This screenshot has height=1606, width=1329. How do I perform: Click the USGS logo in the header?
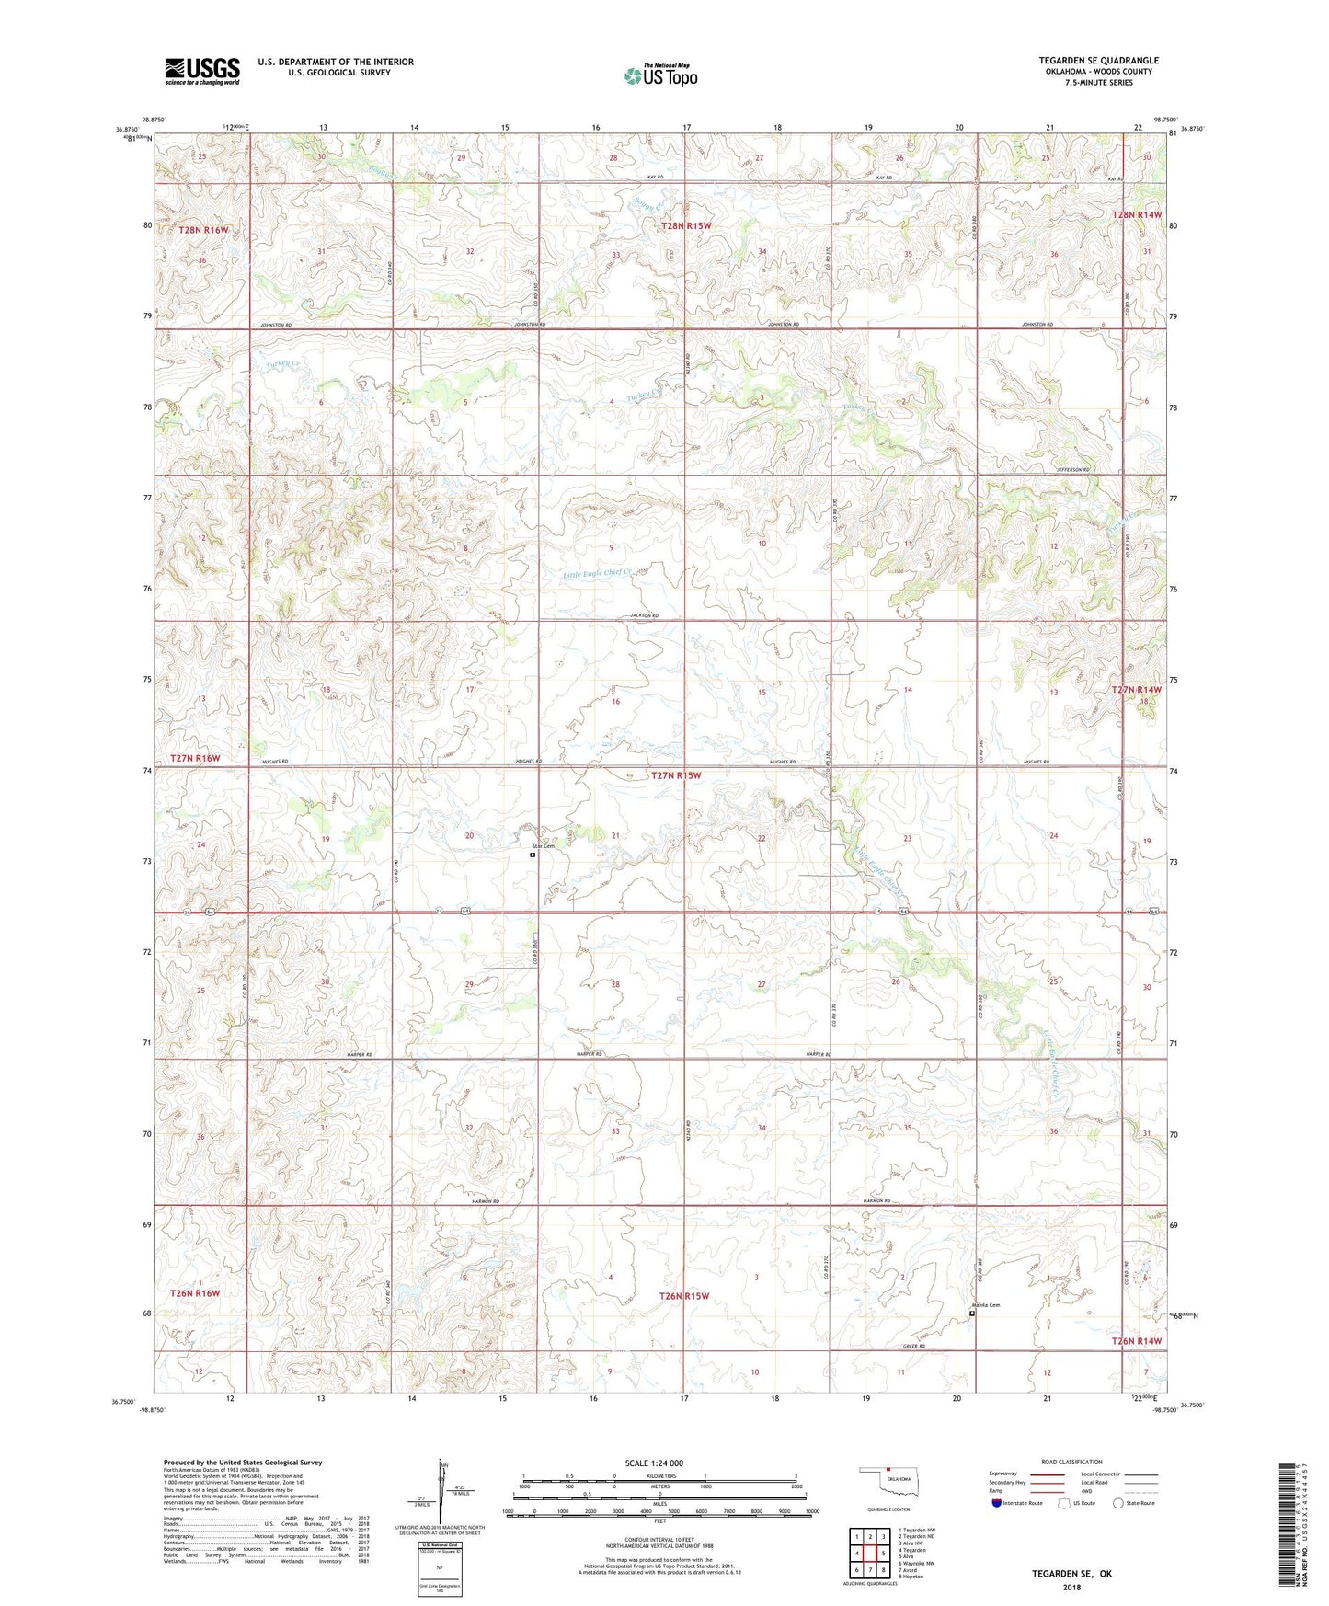click(202, 71)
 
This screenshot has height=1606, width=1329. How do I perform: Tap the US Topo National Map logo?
click(660, 75)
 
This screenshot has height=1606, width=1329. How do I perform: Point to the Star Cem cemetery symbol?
click(533, 855)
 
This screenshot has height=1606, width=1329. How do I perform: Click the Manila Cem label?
click(985, 1304)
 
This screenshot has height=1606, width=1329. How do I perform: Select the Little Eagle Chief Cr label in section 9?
click(598, 573)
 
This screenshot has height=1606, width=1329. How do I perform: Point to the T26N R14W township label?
click(1137, 1341)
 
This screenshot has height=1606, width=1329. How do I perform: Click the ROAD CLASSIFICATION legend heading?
click(1071, 1462)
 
